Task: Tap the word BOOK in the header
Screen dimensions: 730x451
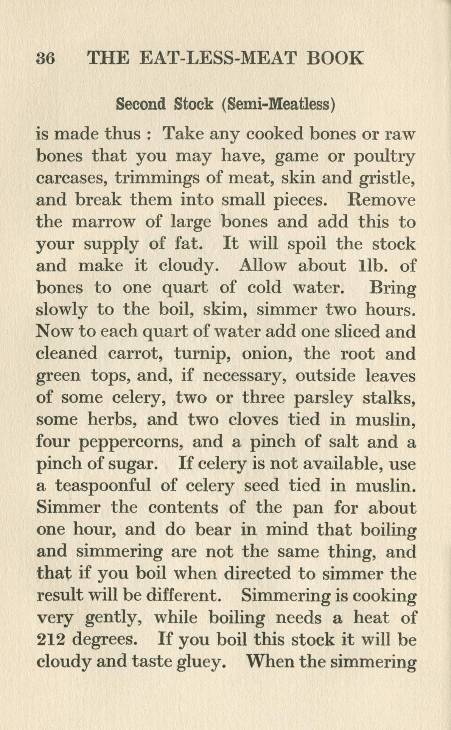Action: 336,58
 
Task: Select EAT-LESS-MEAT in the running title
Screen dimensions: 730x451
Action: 216,58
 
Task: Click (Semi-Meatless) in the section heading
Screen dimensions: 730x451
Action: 278,104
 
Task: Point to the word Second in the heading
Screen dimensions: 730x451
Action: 141,104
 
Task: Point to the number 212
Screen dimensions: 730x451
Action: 51,640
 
